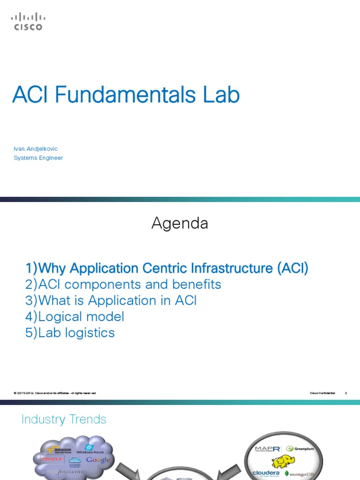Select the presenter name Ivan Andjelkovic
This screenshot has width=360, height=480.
pos(36,149)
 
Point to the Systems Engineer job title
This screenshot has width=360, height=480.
pos(38,158)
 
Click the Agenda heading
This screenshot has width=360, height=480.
pos(180,224)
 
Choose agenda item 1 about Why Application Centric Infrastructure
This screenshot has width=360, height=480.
pos(167,269)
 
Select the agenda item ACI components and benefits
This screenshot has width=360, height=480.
pos(123,285)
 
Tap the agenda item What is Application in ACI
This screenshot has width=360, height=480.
pos(111,300)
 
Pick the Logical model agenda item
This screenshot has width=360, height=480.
pos(75,316)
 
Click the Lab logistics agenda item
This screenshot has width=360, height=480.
pos(70,332)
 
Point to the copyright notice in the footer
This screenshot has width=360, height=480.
pos(55,393)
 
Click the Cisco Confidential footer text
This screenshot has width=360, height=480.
pos(322,393)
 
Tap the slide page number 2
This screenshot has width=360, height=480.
pos(345,393)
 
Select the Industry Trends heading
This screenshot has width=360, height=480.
pos(64,420)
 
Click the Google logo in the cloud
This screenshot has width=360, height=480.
pos(98,460)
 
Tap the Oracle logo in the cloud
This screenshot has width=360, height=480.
pos(52,459)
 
